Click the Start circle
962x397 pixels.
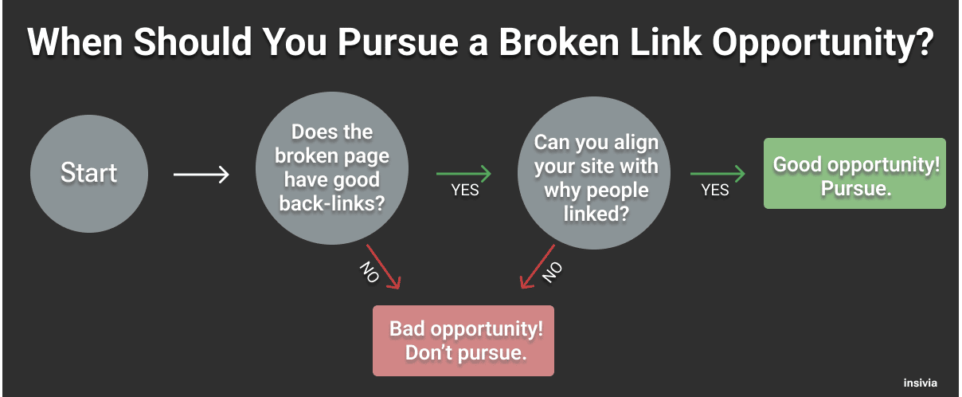point(89,174)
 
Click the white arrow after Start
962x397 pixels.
point(201,175)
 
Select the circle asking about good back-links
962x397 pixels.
point(332,168)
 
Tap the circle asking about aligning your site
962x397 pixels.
point(594,173)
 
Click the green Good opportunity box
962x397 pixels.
point(854,173)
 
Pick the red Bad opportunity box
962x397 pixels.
point(463,340)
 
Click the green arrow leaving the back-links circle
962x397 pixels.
point(463,174)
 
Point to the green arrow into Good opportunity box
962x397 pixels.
point(718,174)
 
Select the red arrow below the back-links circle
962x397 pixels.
point(383,267)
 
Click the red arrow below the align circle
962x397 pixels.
point(538,267)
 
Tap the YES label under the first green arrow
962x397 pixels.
point(465,190)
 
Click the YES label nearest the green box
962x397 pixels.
point(715,190)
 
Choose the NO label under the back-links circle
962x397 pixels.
point(370,272)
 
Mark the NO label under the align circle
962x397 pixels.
point(553,273)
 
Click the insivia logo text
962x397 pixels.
point(921,383)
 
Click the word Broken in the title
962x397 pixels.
point(559,42)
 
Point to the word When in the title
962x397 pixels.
point(75,42)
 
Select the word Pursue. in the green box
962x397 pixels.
point(856,189)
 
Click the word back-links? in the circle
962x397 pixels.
point(332,203)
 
